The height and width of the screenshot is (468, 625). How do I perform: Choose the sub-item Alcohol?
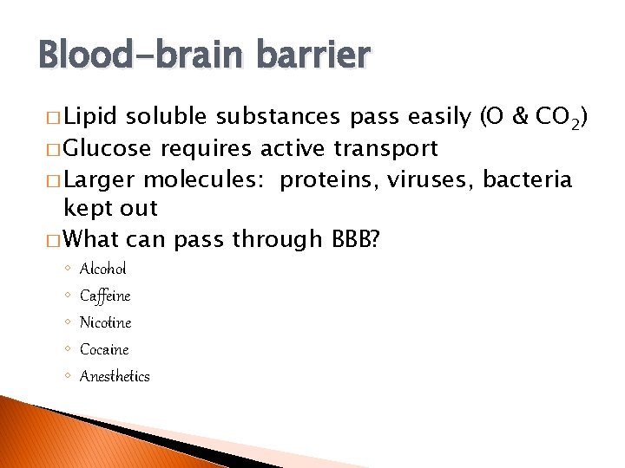point(102,269)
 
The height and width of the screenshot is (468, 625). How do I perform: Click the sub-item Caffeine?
point(105,296)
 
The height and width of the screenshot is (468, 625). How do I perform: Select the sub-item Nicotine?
point(105,322)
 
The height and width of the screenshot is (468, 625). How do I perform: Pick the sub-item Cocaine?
point(104,349)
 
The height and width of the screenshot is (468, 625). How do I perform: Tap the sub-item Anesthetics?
point(115,376)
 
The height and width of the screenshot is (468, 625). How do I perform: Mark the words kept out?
point(111,208)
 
